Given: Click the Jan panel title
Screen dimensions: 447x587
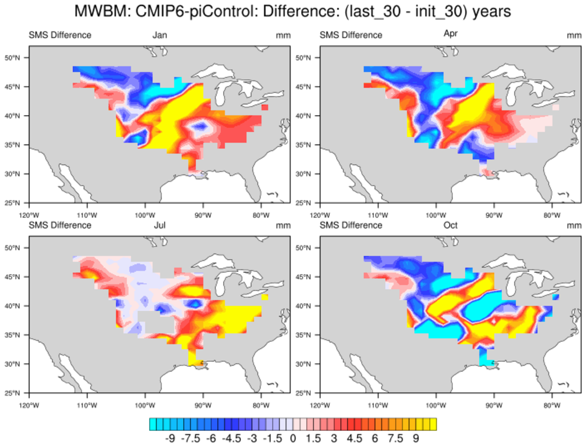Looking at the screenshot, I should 159,35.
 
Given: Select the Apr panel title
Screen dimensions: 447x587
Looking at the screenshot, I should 451,34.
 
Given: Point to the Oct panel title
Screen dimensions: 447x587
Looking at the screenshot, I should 451,225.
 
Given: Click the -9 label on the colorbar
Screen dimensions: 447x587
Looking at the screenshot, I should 170,438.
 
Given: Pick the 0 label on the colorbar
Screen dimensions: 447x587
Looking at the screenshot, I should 293,438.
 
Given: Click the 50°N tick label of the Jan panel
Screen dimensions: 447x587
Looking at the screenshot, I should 13,58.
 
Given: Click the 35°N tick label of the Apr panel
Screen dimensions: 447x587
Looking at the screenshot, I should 304,145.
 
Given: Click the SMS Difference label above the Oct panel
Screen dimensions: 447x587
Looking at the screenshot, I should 351,225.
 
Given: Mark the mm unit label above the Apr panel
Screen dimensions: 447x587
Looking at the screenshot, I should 574,35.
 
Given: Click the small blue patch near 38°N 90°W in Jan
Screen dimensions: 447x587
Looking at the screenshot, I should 200,125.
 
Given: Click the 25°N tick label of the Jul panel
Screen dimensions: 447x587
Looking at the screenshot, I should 13,393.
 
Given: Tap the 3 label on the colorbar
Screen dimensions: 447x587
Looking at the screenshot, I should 334,438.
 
